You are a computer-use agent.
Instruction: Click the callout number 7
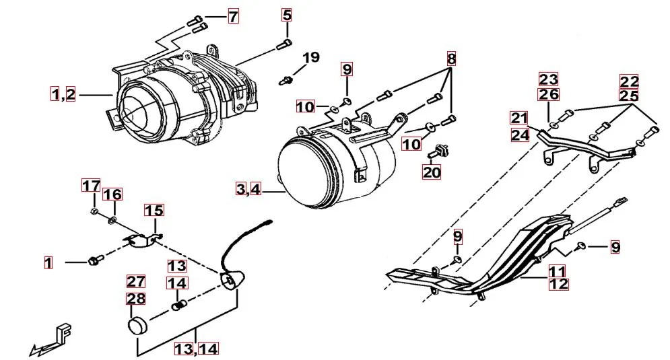232,17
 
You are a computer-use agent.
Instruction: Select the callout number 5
288,15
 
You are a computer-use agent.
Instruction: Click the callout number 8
451,59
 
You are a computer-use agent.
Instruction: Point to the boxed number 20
432,172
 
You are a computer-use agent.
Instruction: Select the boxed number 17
91,185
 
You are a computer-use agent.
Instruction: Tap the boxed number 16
112,195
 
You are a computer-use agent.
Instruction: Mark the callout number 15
154,211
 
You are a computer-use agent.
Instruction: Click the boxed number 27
137,281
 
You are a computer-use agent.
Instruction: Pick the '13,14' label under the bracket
197,349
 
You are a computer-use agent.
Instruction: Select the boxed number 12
558,284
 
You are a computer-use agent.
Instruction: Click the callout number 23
549,79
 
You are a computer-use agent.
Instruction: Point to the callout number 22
630,81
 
